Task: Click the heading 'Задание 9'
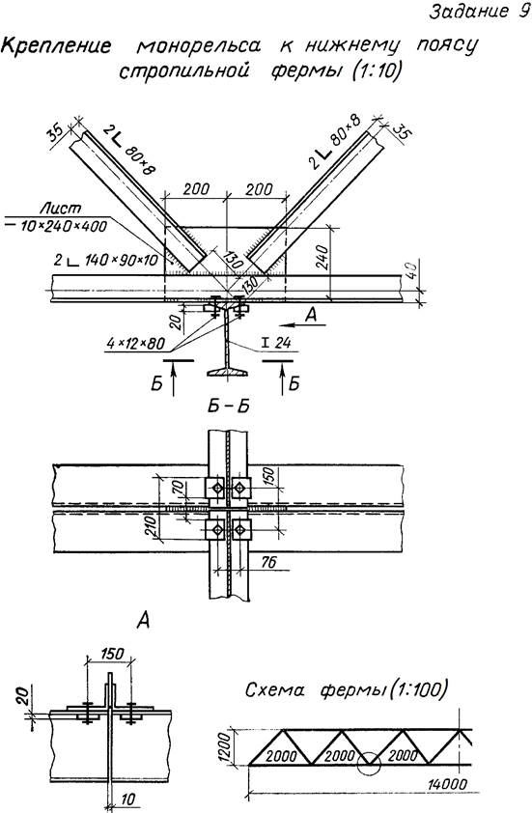(478, 12)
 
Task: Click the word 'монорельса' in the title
(199, 45)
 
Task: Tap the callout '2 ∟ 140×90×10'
(106, 260)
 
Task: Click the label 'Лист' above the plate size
(61, 209)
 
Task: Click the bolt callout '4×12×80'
(136, 343)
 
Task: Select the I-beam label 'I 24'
(276, 343)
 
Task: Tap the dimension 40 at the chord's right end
(410, 270)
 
